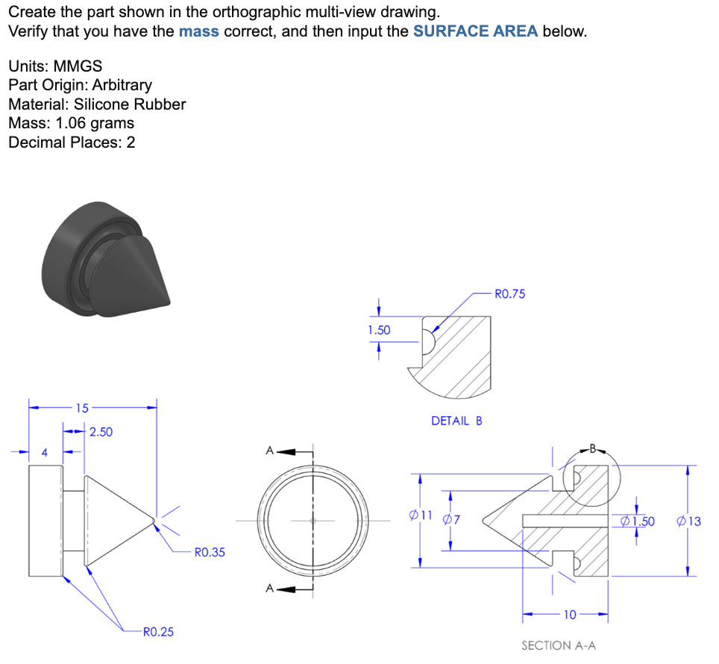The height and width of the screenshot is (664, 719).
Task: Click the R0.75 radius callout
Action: tap(509, 294)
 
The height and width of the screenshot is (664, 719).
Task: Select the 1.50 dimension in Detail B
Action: tap(379, 329)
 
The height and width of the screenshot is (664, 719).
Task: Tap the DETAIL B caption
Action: tap(456, 421)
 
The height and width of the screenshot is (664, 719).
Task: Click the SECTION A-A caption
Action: tap(558, 645)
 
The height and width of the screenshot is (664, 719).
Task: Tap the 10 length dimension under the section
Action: tap(569, 616)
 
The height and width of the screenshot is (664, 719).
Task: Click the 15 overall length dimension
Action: tap(81, 408)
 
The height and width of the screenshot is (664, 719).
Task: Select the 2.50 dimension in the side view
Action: tap(101, 432)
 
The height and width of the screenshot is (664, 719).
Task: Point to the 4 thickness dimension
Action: tap(44, 452)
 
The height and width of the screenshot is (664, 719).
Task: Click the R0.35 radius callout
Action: tap(209, 553)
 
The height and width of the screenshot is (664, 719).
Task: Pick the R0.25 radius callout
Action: tap(157, 632)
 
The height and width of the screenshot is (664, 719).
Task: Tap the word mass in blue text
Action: tap(199, 32)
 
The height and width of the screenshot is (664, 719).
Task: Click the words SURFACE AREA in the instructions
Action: tap(474, 32)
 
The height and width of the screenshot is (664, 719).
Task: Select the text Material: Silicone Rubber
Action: tap(97, 104)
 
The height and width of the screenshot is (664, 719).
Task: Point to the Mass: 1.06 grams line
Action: tap(72, 123)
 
